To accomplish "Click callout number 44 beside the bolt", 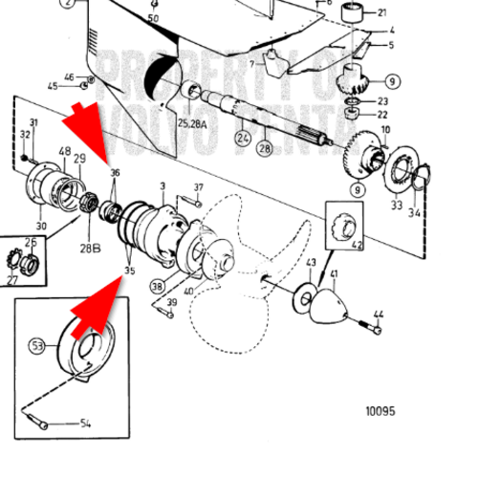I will [x=379, y=315].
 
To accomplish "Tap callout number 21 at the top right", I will [x=382, y=12].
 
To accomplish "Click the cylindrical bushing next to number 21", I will [x=354, y=14].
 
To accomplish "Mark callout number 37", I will [x=199, y=187].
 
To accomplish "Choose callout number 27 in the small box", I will [x=14, y=280].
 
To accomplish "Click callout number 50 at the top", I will [x=154, y=18].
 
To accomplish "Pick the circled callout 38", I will [x=157, y=284].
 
